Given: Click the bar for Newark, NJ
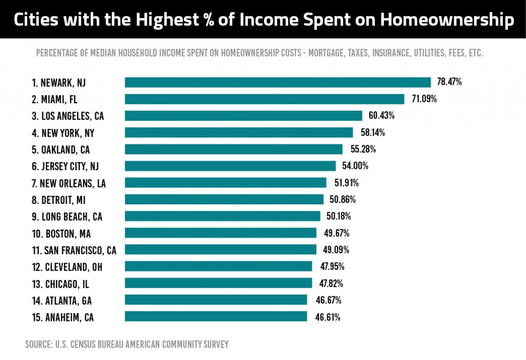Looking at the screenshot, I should coord(277,82).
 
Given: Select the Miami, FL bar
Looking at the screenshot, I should coord(265,99).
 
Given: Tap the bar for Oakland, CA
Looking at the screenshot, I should coord(233,149).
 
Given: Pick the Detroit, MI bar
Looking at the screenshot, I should coord(224,199).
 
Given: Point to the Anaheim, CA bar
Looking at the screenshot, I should coord(216,316).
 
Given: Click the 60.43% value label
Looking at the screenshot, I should coord(381,116).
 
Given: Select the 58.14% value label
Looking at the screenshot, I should coord(372,132).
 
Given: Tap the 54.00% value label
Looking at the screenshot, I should coord(355,166).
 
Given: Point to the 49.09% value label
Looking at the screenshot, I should coord(336,250).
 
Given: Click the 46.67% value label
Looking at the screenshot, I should coord(327,300).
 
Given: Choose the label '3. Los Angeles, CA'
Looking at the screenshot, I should coord(67,116).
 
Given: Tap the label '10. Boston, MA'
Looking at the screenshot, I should coord(61,233).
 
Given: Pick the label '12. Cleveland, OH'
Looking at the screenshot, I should coord(67,267).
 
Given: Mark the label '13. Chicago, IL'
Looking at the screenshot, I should coord(61,283).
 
